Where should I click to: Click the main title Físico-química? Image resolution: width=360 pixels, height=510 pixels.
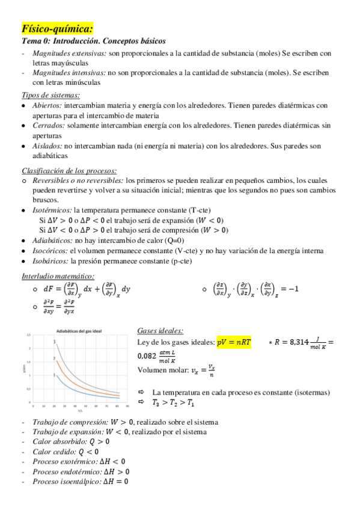(57, 29)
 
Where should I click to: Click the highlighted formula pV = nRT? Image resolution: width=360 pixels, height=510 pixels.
(234, 342)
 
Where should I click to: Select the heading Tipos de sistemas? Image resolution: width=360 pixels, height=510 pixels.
(50, 95)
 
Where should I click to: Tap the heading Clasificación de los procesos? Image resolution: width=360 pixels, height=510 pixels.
(69, 170)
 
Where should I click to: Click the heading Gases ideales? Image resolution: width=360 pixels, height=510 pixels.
(160, 331)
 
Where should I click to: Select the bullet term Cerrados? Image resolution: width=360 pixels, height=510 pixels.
(48, 126)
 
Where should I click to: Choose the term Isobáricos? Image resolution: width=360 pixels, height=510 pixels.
(50, 261)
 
